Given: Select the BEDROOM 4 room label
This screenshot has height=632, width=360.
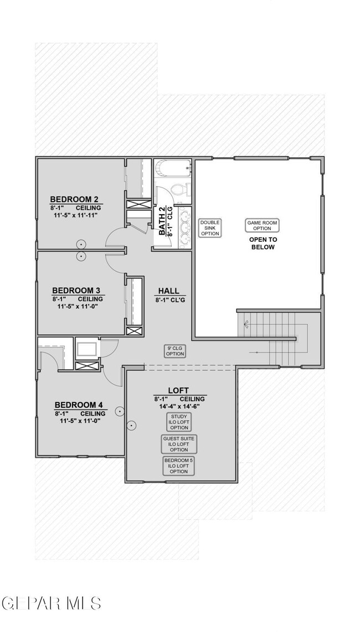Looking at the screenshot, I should [78, 405].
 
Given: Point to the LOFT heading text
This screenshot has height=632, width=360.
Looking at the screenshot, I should [179, 391].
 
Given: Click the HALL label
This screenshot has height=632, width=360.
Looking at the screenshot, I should [168, 291].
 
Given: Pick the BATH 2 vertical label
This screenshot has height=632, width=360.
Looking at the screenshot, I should [162, 220].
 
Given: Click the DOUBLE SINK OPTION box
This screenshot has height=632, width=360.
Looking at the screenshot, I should [210, 227].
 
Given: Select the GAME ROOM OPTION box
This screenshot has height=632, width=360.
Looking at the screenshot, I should [262, 225].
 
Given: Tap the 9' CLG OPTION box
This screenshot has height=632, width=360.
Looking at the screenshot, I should [175, 351].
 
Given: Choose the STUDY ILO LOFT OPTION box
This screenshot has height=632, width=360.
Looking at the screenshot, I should [179, 422].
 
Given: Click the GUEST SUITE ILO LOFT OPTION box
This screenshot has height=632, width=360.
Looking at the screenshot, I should [179, 444].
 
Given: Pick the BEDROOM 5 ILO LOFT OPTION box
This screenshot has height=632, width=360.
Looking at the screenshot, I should [179, 465].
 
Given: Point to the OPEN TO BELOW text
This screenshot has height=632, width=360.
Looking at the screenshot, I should [262, 244].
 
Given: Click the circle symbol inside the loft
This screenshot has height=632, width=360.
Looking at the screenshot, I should [131, 426].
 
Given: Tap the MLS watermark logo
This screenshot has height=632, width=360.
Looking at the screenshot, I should [51, 603].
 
